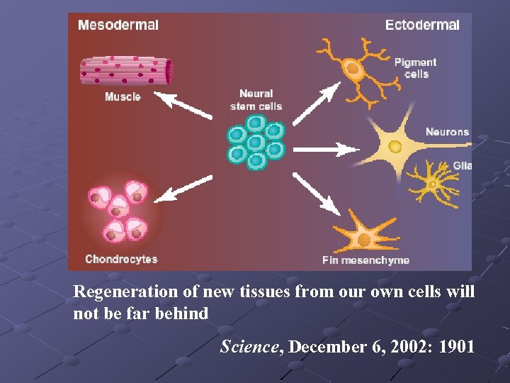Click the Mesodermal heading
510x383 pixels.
click(x=118, y=25)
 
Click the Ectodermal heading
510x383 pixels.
click(x=422, y=25)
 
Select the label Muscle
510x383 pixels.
click(x=123, y=96)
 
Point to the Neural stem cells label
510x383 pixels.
click(x=256, y=100)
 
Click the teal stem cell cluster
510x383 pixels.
click(x=255, y=142)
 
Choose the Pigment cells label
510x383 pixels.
click(x=416, y=67)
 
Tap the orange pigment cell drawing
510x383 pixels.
click(x=352, y=70)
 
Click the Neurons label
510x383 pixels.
click(x=447, y=132)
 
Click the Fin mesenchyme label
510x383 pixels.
click(x=365, y=260)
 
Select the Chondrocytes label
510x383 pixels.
click(x=121, y=259)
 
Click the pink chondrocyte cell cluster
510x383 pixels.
click(x=122, y=212)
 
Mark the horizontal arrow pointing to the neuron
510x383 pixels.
click(x=326, y=149)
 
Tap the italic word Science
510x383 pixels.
click(x=248, y=346)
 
